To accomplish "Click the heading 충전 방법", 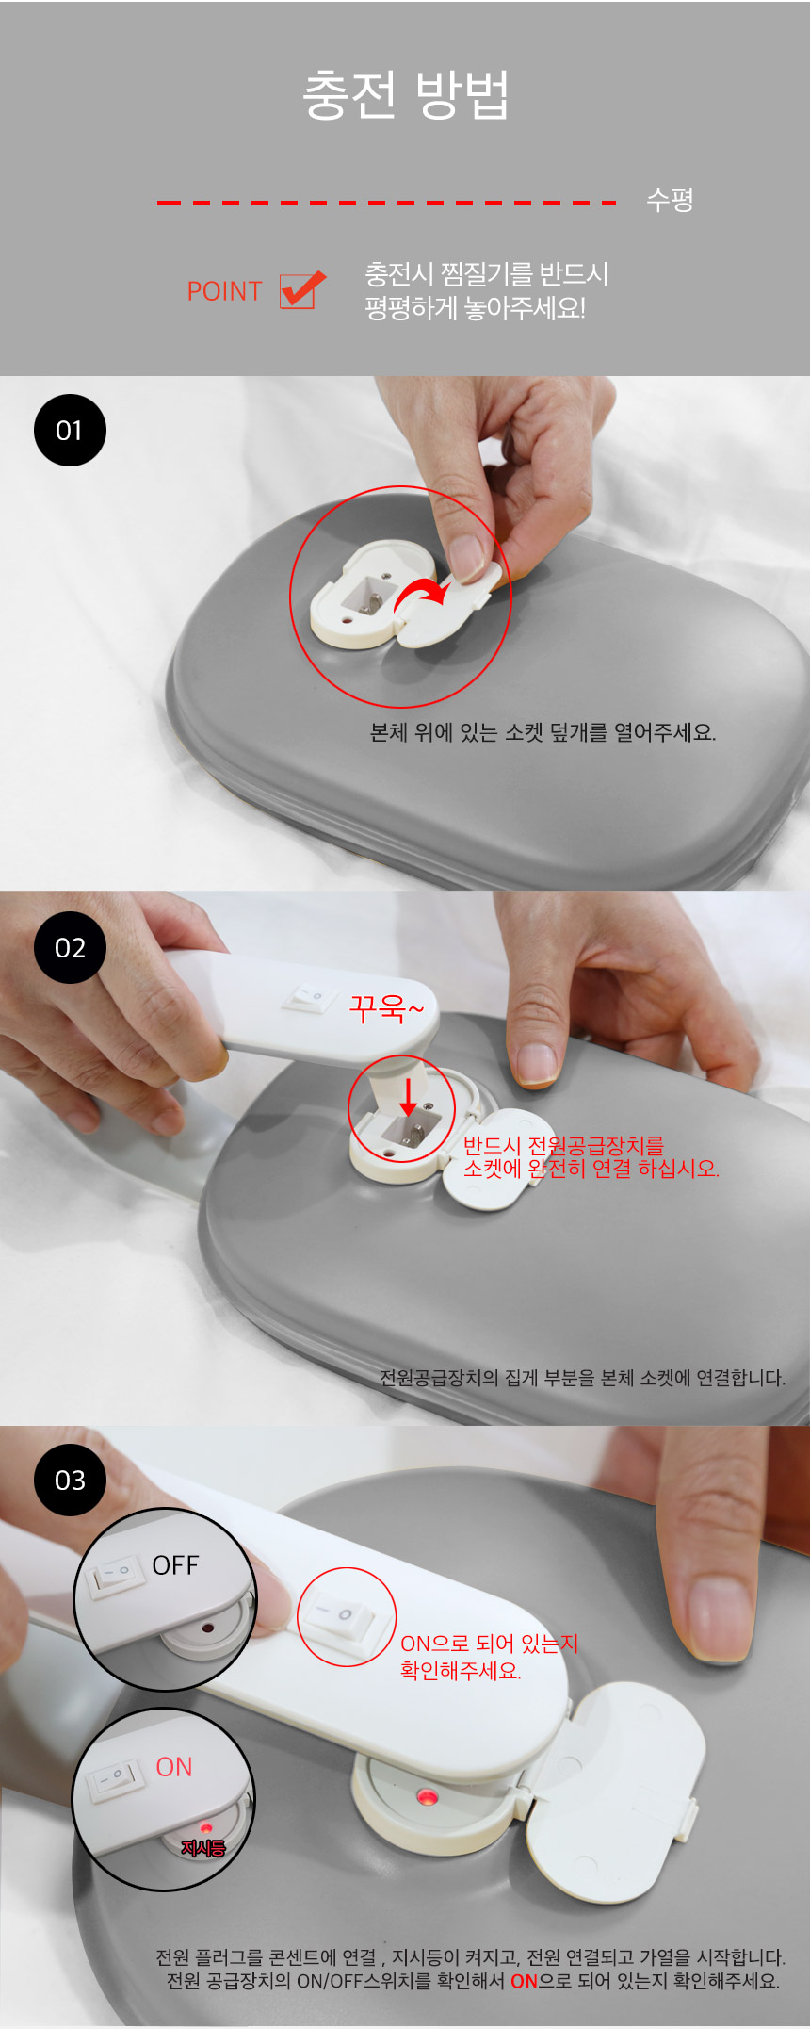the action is pyautogui.click(x=406, y=94).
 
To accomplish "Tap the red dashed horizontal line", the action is pyautogui.click(x=386, y=203).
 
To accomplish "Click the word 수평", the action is pyautogui.click(x=670, y=200).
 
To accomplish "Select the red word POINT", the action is pyautogui.click(x=224, y=291).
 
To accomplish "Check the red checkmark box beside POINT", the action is pyautogui.click(x=301, y=290).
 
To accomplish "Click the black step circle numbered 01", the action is pyautogui.click(x=70, y=430).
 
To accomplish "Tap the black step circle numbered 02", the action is pyautogui.click(x=70, y=947).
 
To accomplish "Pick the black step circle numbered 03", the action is pyautogui.click(x=70, y=1480).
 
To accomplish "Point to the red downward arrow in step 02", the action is pyautogui.click(x=409, y=1097).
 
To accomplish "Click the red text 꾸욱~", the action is pyautogui.click(x=386, y=1008).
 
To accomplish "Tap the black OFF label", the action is pyautogui.click(x=175, y=1565).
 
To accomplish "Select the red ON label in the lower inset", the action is pyautogui.click(x=174, y=1767).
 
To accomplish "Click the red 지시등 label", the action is pyautogui.click(x=203, y=1848).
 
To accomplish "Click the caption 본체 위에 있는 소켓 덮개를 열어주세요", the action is pyautogui.click(x=543, y=732).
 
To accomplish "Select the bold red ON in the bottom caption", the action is pyautogui.click(x=524, y=1981).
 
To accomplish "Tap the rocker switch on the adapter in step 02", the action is pyautogui.click(x=311, y=996).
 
